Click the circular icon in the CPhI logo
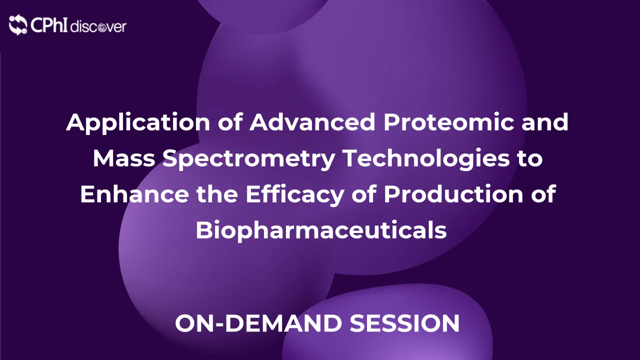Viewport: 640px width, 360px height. point(18,24)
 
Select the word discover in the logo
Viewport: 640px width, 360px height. point(98,26)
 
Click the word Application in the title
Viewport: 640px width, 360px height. point(125,123)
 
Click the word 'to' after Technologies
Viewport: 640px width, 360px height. point(529,159)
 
